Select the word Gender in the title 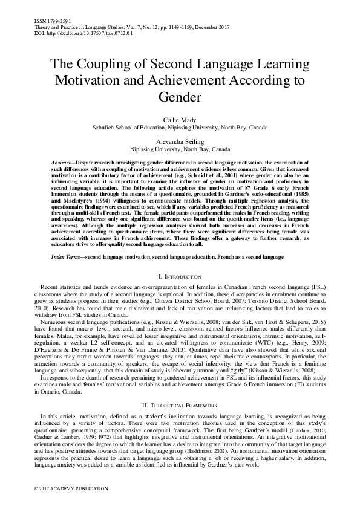pos(180,96)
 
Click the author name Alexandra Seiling pos(180,141)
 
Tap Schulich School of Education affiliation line pos(180,128)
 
